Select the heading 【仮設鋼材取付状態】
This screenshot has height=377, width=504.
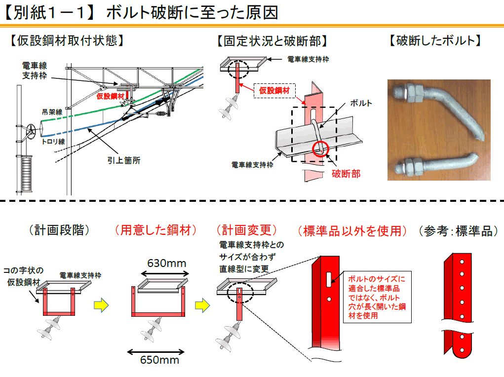66,41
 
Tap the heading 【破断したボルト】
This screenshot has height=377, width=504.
435,41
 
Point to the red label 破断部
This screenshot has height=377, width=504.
346,173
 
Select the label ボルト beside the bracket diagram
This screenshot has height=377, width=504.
361,103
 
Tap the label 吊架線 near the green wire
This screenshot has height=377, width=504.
52,113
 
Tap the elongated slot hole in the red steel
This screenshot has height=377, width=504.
328,278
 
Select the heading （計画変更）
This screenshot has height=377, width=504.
247,230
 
